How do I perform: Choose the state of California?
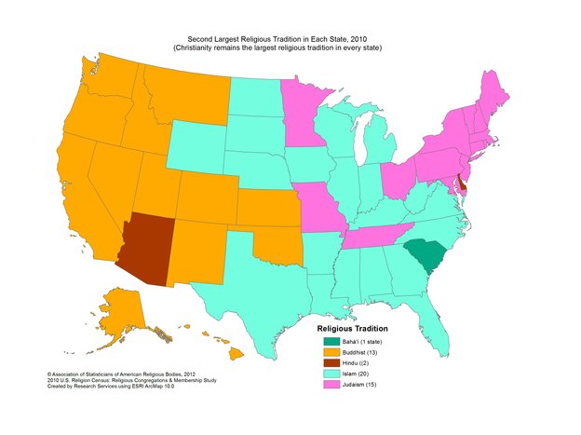102,196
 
